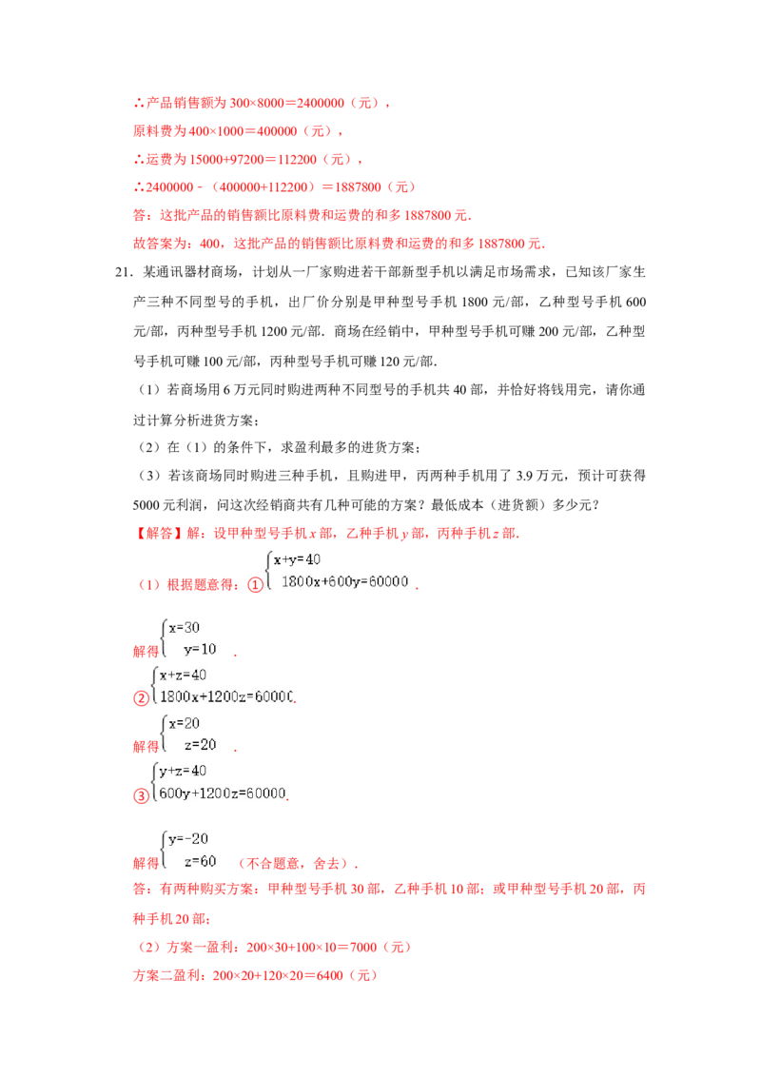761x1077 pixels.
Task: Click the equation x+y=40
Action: [x=297, y=559]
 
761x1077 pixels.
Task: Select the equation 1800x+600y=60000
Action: [x=344, y=581]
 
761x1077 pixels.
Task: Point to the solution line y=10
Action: [x=201, y=649]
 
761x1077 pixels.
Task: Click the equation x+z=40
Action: [x=183, y=675]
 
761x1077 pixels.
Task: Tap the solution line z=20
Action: [x=201, y=744]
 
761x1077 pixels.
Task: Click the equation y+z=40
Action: [x=183, y=771]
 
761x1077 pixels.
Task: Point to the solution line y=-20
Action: [x=187, y=839]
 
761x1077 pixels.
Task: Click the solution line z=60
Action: [x=201, y=861]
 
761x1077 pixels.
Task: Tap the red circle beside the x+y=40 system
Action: [x=255, y=585]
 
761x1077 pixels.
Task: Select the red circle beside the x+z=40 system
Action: [x=141, y=699]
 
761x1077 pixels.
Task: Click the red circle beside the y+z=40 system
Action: [x=141, y=795]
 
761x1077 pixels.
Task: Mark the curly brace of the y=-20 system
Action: [x=161, y=851]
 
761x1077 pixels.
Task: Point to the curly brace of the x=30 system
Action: [x=161, y=638]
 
